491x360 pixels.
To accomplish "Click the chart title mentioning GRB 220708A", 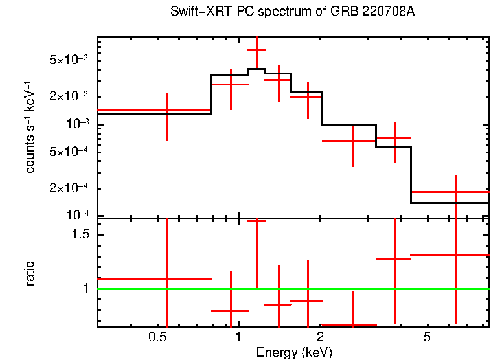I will [x=292, y=12].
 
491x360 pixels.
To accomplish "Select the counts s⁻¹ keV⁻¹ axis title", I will [x=30, y=127].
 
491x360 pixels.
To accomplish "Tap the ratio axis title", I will [x=30, y=274].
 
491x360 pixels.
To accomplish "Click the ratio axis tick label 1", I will [x=87, y=289].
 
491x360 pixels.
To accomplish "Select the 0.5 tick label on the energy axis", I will [x=157, y=337].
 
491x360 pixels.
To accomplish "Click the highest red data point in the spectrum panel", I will [x=257, y=49].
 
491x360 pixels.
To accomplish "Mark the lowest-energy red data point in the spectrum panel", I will [x=168, y=111].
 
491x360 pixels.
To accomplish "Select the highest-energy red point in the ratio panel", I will [x=457, y=255].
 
